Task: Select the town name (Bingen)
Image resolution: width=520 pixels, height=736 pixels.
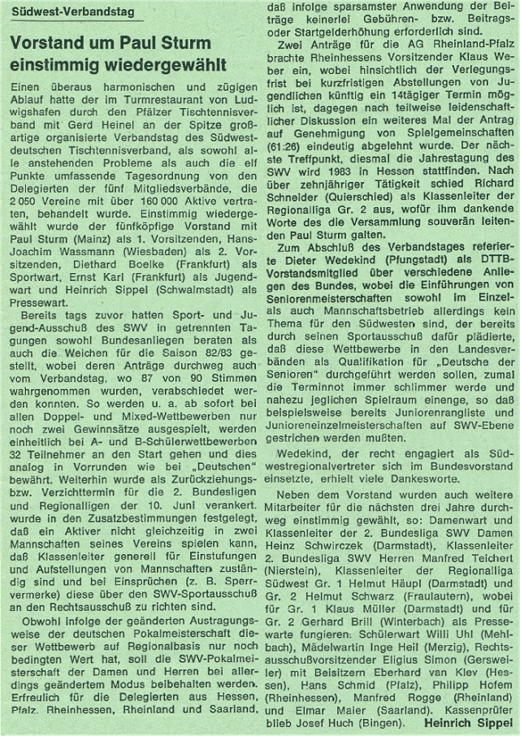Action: coord(366,714)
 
